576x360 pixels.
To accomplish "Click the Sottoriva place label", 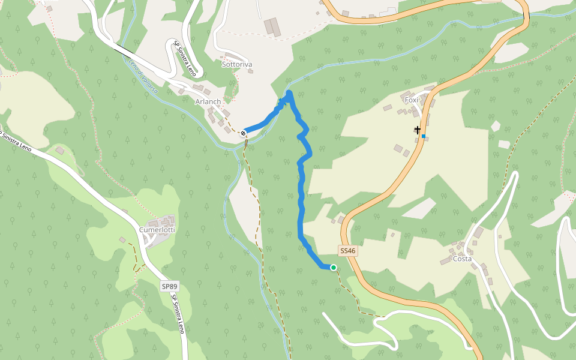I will pyautogui.click(x=236, y=64).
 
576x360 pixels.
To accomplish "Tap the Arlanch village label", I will pyautogui.click(x=208, y=102).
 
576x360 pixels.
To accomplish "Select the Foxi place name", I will pyautogui.click(x=411, y=100).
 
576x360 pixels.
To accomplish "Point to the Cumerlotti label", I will pyautogui.click(x=157, y=230).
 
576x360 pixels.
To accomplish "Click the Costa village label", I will pyautogui.click(x=462, y=259).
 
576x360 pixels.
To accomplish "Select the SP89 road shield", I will pyautogui.click(x=170, y=287).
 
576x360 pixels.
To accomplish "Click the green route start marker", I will pyautogui.click(x=333, y=268).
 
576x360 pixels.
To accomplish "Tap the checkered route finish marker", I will pyautogui.click(x=244, y=133).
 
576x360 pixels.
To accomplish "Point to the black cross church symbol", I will pyautogui.click(x=417, y=130).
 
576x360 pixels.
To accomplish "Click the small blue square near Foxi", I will pyautogui.click(x=424, y=136).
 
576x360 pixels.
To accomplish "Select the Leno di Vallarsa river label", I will pyautogui.click(x=144, y=78).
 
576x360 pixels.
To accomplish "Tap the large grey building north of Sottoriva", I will pyautogui.click(x=273, y=26).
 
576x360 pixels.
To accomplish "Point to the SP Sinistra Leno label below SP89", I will pyautogui.click(x=178, y=315).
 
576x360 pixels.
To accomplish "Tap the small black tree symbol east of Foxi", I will pyautogui.click(x=496, y=126).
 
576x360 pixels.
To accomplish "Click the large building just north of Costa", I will pyautogui.click(x=478, y=232).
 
